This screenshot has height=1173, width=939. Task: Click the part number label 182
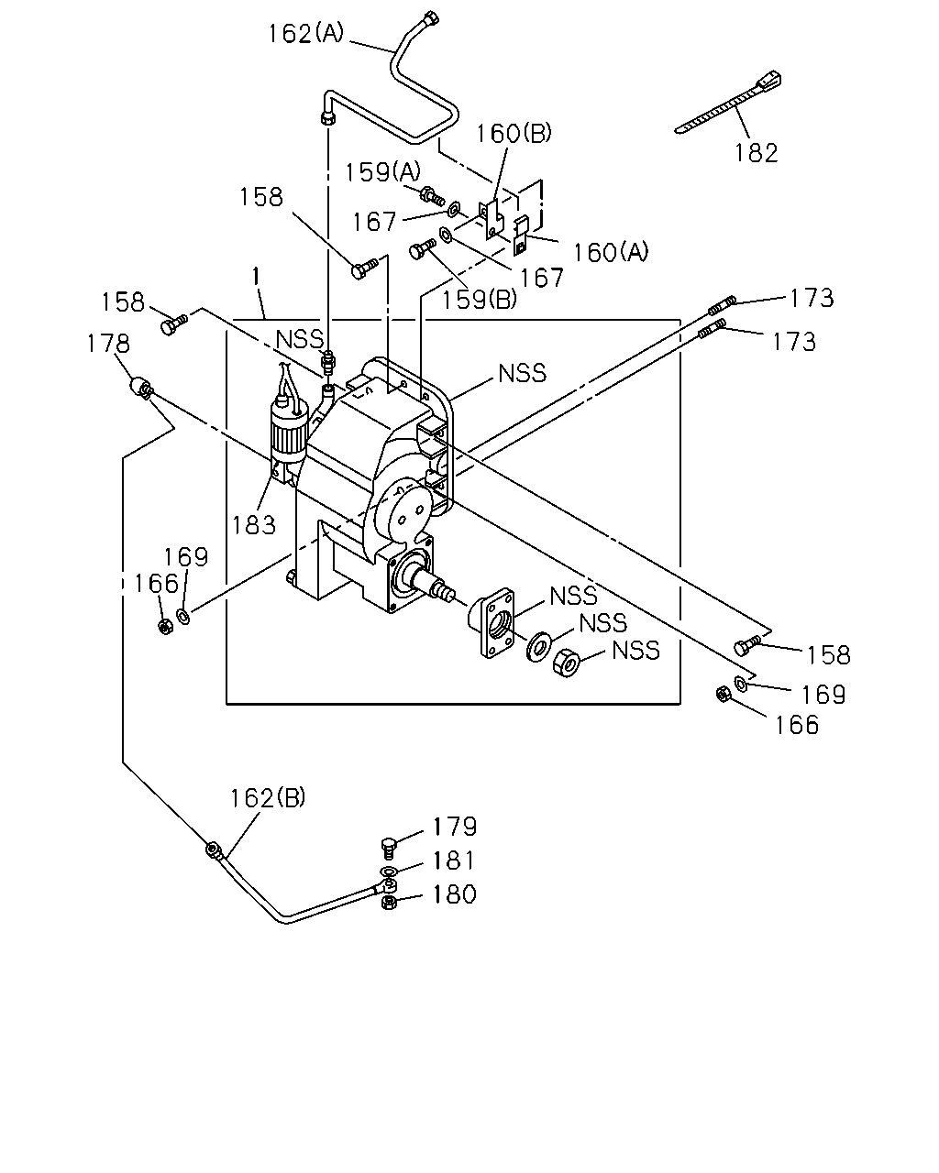tap(756, 153)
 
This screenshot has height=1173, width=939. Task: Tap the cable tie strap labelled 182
tap(728, 103)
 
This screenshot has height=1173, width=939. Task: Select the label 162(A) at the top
tap(306, 33)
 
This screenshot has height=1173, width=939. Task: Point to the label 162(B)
tap(268, 798)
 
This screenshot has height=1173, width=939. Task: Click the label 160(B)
tap(514, 133)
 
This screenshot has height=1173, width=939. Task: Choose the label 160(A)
tap(611, 252)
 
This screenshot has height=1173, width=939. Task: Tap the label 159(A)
tap(383, 172)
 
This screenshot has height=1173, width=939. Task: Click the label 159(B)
tap(479, 300)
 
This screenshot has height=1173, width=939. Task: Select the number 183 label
tap(254, 525)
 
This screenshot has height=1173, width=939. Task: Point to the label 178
tap(108, 344)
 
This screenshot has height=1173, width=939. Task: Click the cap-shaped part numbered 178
tap(141, 388)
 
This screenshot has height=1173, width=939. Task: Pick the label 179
tap(455, 827)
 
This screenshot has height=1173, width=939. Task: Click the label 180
tap(455, 894)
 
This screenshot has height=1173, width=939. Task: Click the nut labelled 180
tap(389, 903)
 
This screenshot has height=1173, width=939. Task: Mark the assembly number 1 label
tap(256, 277)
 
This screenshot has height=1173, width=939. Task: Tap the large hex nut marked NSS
tap(567, 663)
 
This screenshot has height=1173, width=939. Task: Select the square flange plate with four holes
tap(492, 622)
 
